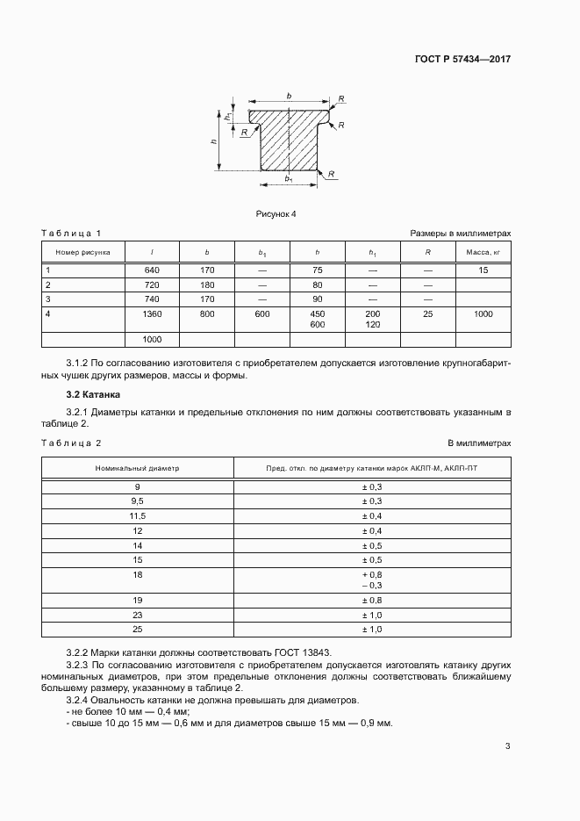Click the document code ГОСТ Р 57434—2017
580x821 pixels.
462,60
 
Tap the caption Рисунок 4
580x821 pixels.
276,213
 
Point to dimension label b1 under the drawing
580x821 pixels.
289,179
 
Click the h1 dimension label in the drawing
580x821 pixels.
227,116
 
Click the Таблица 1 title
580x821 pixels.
72,233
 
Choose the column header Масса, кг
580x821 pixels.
483,252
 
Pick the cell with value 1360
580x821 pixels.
152,313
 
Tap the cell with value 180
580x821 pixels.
206,285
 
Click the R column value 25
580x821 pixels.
427,313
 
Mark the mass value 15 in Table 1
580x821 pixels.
483,270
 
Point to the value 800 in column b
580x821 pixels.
206,313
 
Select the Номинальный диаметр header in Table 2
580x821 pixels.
137,468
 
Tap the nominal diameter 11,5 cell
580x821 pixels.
137,515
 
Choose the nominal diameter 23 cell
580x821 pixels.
137,615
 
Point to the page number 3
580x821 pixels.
507,746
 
